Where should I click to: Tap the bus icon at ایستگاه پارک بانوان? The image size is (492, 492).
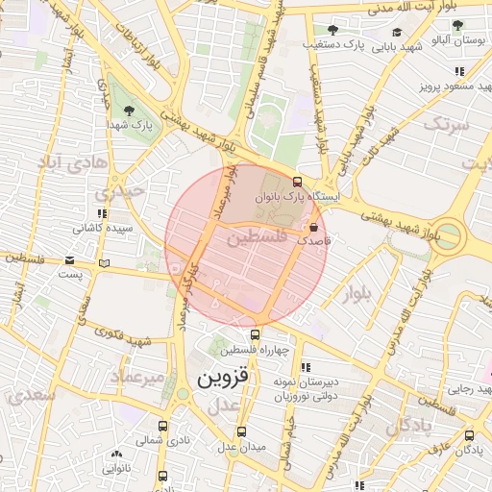tap(297, 181)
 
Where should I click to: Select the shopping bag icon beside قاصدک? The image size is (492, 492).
tap(314, 227)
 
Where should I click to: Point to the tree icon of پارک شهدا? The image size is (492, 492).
tap(131, 111)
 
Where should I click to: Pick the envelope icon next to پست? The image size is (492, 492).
tap(69, 260)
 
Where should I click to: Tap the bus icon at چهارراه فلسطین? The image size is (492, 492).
tap(255, 334)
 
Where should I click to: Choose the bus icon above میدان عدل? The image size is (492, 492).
tap(240, 431)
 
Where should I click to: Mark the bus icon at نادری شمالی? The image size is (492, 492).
tap(162, 426)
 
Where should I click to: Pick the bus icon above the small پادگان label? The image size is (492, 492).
tap(469, 434)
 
